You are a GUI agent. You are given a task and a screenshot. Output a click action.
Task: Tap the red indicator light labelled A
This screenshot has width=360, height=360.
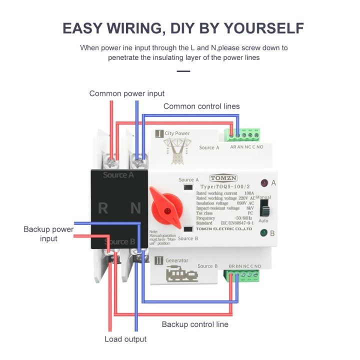click(263, 183)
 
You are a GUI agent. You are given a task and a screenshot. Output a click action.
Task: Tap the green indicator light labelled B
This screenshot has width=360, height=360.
click(263, 232)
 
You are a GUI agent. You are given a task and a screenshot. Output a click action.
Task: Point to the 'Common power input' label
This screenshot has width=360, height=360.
click(126, 93)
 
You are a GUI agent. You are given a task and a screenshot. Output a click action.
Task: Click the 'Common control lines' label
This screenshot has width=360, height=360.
click(201, 106)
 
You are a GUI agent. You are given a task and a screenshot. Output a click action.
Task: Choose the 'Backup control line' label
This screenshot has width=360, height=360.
click(195, 324)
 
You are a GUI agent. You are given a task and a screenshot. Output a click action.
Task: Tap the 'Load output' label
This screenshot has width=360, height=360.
click(125, 339)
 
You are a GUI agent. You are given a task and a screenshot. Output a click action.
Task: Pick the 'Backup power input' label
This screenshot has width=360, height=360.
click(48, 234)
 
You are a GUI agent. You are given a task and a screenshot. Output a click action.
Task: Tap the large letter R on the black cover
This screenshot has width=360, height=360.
click(103, 208)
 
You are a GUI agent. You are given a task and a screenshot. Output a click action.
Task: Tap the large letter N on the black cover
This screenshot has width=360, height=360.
click(135, 208)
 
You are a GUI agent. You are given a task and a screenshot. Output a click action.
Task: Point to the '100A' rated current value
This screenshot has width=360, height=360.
click(246, 193)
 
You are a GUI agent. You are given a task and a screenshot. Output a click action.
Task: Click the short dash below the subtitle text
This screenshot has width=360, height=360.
click(183, 71)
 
